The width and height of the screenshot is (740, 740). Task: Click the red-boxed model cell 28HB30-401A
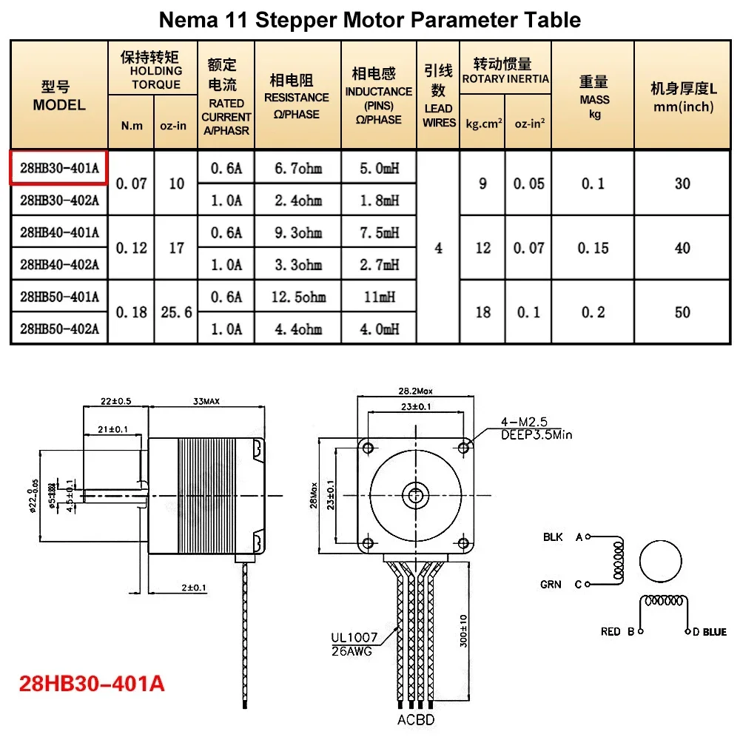click(59, 167)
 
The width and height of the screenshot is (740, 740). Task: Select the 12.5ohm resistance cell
click(297, 297)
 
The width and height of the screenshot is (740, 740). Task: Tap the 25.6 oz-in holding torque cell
click(176, 312)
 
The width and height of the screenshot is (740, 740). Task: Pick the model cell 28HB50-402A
click(59, 329)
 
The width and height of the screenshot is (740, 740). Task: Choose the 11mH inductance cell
click(378, 297)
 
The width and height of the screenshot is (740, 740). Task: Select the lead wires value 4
click(439, 248)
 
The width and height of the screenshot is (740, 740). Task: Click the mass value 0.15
click(593, 248)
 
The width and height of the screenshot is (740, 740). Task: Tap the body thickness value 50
click(682, 312)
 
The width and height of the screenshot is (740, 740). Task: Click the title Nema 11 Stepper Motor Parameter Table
click(370, 20)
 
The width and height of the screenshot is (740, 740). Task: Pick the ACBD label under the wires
click(415, 720)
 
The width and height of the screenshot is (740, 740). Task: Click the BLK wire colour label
click(553, 537)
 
